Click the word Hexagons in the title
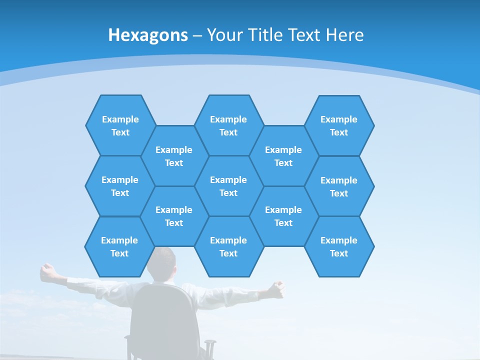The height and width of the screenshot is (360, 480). (148, 35)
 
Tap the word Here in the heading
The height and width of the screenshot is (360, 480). (344, 35)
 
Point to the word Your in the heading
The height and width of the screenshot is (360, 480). (223, 35)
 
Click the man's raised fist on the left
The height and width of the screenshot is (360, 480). (47, 270)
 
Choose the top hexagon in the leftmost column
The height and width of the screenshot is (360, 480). (120, 125)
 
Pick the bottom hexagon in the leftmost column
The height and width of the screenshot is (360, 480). (119, 246)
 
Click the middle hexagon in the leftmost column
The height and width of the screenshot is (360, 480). (120, 186)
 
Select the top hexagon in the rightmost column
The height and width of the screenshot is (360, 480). (339, 125)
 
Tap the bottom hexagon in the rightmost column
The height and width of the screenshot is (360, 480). (339, 246)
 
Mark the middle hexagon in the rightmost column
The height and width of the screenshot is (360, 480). (339, 186)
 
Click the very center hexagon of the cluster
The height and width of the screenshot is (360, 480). (228, 186)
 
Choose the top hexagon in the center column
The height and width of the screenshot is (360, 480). (228, 125)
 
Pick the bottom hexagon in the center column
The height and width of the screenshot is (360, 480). (228, 246)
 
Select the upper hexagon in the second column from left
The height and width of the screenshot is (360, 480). (174, 156)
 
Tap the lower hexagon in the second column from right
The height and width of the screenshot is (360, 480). (283, 216)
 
